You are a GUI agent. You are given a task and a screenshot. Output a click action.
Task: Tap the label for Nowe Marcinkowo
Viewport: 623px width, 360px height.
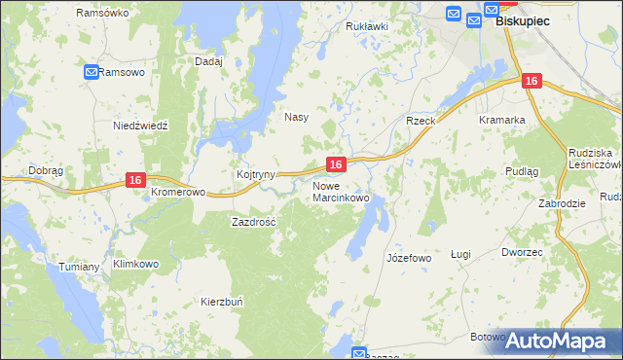tap(341, 192)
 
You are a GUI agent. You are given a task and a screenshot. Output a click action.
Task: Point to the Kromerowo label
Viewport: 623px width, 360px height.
tap(178, 193)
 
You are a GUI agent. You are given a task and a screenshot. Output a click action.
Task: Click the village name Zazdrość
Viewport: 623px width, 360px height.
tap(254, 222)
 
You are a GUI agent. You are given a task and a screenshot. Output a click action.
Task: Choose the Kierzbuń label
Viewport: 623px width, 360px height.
tap(223, 302)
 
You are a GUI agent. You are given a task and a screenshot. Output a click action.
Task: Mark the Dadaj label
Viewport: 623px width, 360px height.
tap(209, 61)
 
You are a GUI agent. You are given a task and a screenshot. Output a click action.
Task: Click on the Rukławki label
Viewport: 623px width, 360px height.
tap(367, 26)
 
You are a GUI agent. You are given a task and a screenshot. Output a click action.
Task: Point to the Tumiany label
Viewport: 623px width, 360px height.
tap(79, 267)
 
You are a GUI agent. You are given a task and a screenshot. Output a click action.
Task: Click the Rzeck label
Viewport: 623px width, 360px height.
tap(420, 120)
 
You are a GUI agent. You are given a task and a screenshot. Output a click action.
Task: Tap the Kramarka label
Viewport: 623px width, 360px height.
tap(502, 120)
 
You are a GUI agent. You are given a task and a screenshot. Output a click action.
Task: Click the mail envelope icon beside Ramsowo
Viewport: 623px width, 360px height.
tap(91, 72)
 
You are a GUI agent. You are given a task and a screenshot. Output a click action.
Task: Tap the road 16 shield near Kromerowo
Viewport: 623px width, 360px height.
tap(135, 180)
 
